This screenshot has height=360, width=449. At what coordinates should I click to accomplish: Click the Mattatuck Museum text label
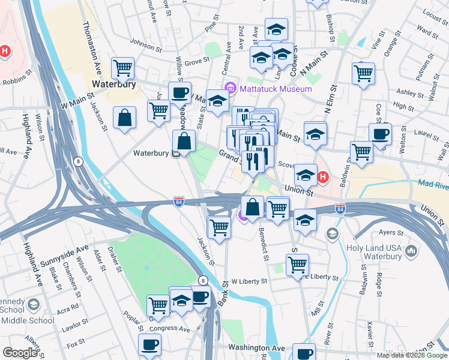[x=276, y=89]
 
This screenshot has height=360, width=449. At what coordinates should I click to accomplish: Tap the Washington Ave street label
[x=256, y=348]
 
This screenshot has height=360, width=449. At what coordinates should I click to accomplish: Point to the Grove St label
[x=197, y=61]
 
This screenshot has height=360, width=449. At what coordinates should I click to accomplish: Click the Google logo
[x=20, y=353]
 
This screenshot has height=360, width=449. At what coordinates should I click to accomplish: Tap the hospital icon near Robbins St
[x=4, y=52]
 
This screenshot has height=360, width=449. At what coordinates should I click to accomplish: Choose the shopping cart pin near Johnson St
[x=123, y=68]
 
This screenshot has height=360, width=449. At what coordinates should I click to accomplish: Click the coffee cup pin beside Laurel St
[x=380, y=135]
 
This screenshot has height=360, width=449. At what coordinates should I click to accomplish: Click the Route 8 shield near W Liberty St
[x=203, y=280]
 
